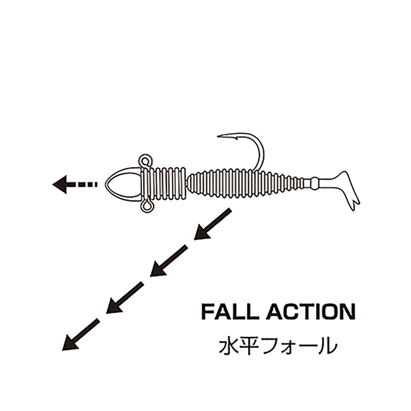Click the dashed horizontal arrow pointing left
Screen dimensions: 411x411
point(75,185)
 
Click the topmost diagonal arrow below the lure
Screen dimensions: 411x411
point(213,224)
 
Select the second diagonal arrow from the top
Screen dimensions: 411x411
point(169,261)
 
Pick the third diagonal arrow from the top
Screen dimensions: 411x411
point(125,298)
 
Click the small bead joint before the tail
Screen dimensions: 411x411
point(315,183)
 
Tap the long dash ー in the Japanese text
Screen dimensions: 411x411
point(304,347)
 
